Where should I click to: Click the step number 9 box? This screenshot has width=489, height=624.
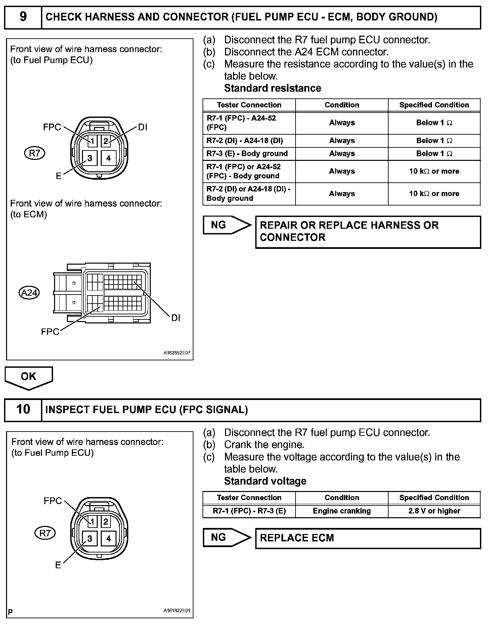coord(23,17)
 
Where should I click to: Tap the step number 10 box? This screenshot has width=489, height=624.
coord(23,409)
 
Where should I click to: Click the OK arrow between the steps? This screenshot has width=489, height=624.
coord(29,377)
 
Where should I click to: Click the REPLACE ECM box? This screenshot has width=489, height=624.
coord(368,538)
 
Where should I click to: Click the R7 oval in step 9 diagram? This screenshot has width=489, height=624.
coord(35,153)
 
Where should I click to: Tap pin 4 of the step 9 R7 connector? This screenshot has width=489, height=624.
coord(108,158)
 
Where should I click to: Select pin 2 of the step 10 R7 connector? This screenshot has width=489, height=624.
coord(106,522)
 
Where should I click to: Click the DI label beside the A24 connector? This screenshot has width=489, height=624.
coord(176,318)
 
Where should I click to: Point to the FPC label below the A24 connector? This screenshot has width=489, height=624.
coord(50,332)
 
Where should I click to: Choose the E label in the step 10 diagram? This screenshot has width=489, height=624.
coord(58,565)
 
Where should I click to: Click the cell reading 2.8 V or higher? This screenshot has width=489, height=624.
coord(434,511)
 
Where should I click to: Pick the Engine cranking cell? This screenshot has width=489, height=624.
coord(342,511)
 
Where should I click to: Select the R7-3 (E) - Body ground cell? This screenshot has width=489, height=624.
coord(249,154)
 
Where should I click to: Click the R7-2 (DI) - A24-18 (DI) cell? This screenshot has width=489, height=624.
coord(249,141)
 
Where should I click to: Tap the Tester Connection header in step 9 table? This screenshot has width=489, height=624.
coord(249,105)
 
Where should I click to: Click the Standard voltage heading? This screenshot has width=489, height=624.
coord(265,481)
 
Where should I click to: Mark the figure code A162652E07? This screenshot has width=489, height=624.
coord(177,353)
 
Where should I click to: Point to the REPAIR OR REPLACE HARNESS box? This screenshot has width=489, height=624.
coord(368,232)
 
